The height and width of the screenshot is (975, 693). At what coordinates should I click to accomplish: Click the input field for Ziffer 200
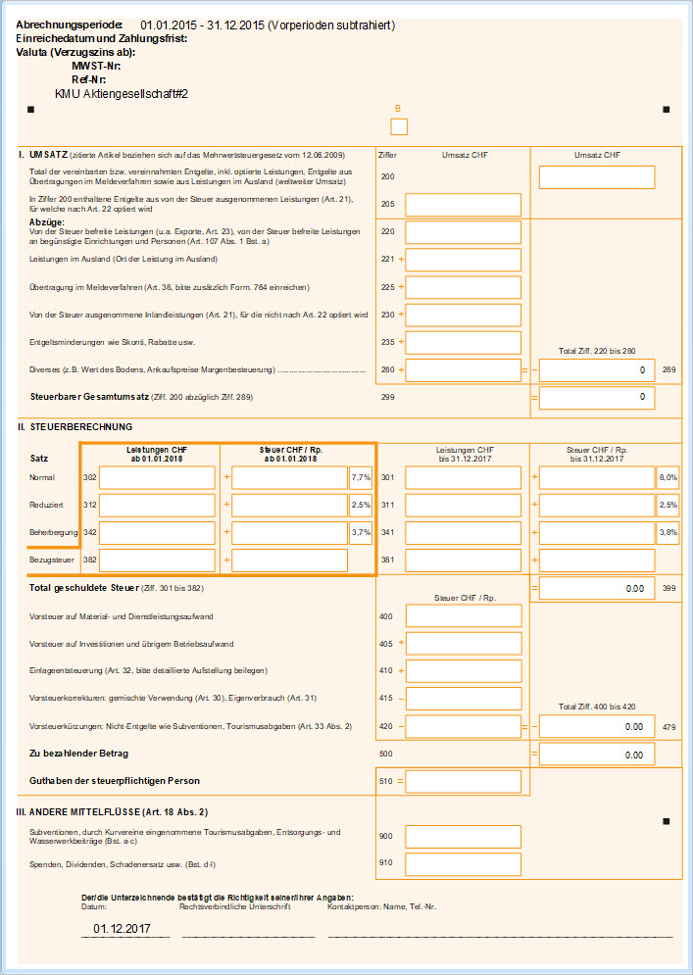(x=597, y=177)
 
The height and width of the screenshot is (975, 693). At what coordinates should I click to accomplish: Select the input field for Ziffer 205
(x=463, y=205)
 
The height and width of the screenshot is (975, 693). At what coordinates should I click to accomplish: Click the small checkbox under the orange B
(x=398, y=126)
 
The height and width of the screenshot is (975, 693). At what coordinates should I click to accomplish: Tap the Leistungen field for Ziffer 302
(x=157, y=478)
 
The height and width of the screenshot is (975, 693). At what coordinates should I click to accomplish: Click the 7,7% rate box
(x=361, y=478)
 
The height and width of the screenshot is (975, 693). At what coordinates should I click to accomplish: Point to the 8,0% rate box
(x=668, y=478)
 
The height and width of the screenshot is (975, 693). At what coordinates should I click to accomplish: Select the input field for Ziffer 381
(x=463, y=561)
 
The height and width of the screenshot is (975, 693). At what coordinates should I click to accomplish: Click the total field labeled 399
(x=597, y=588)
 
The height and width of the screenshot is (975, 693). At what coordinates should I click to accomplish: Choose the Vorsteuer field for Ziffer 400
(x=463, y=615)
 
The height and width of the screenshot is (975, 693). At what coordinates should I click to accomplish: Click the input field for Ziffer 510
(x=463, y=781)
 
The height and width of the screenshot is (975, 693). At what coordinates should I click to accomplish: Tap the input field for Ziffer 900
(x=463, y=836)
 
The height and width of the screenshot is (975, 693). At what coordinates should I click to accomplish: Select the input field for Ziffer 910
(x=463, y=863)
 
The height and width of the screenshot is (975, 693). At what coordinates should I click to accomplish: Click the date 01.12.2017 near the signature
(x=122, y=928)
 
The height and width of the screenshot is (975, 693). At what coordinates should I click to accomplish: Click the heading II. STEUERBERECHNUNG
(x=74, y=427)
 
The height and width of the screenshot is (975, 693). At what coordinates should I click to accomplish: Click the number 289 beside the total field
(x=670, y=370)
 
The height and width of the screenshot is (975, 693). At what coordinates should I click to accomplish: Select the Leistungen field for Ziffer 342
(x=157, y=533)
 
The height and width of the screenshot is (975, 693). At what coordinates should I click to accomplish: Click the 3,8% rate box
(x=668, y=533)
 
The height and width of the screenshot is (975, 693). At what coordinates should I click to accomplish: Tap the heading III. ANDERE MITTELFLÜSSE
(x=111, y=812)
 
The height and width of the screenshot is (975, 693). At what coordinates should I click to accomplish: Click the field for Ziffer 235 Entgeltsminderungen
(x=463, y=342)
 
